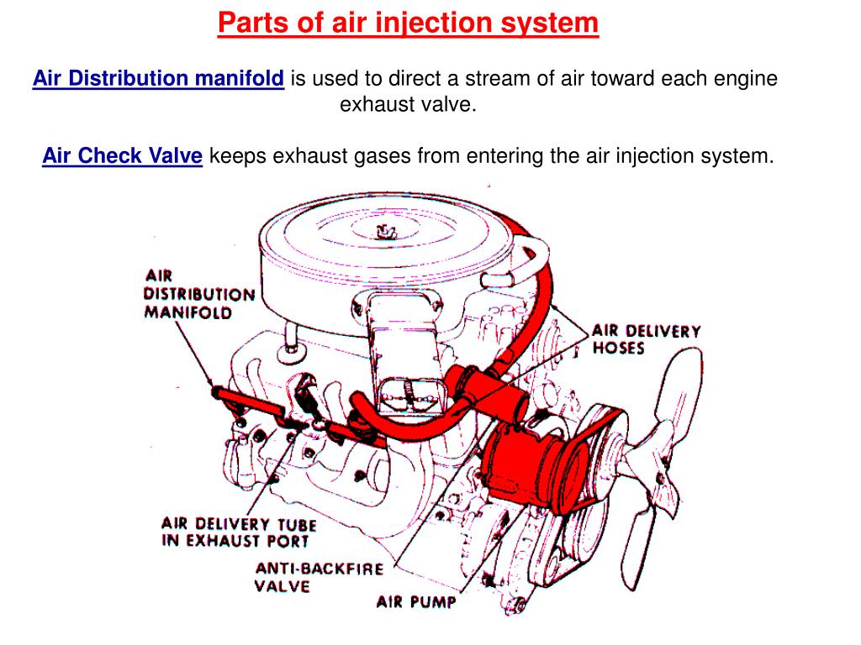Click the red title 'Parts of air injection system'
tap(408, 23)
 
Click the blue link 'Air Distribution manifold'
tap(158, 78)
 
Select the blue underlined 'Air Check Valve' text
tap(123, 155)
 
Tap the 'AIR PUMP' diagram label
tap(416, 601)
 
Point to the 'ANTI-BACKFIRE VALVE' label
tap(319, 577)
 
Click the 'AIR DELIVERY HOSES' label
tap(647, 339)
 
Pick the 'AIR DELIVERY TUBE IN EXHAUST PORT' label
tap(239, 532)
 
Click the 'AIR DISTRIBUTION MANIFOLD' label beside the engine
tap(199, 294)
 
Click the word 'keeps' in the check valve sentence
tap(237, 156)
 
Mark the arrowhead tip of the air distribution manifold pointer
tap(213, 386)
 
